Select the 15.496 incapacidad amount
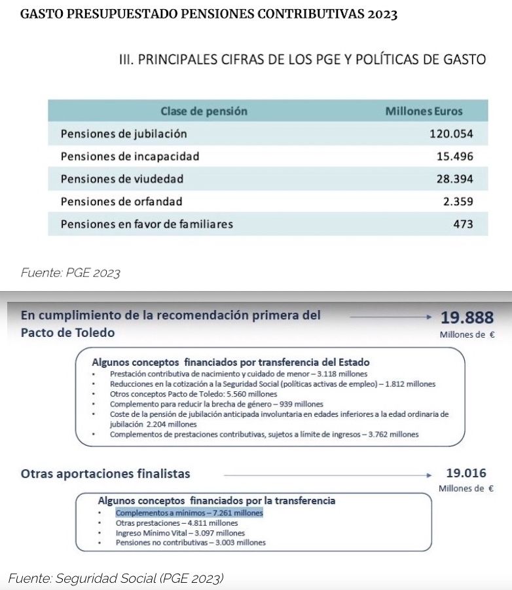(x=454, y=157)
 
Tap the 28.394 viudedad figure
(x=454, y=179)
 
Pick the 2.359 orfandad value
(x=458, y=201)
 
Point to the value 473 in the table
(x=463, y=224)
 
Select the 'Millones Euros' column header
(x=424, y=111)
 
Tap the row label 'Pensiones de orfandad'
(x=121, y=201)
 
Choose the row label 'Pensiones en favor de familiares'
(x=147, y=224)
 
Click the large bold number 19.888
(x=466, y=318)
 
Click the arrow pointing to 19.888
(x=390, y=317)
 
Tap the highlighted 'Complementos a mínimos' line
(x=189, y=513)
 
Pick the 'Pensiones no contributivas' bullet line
(x=191, y=543)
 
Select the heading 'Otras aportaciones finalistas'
(x=105, y=473)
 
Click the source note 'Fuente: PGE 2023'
(x=70, y=273)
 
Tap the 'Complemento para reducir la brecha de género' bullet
(x=216, y=404)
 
